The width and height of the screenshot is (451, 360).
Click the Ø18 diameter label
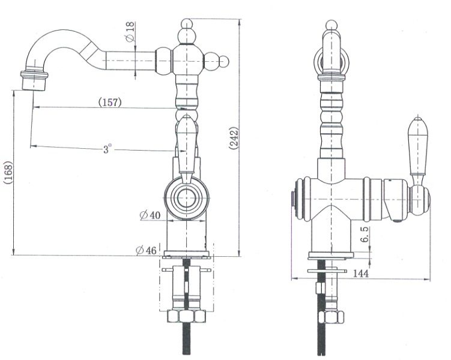(130, 32)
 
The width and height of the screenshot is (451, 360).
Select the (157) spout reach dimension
(110, 102)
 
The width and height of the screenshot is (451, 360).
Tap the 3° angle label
(107, 149)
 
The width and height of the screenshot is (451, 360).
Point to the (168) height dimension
(8, 173)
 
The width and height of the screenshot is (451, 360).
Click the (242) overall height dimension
(234, 138)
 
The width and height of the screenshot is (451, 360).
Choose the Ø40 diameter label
(150, 215)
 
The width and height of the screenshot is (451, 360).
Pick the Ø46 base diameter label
(146, 250)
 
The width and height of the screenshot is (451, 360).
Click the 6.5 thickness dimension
(364, 235)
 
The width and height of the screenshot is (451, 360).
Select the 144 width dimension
(360, 273)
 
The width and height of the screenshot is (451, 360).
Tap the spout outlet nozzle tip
(34, 81)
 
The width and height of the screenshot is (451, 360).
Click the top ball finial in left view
(187, 23)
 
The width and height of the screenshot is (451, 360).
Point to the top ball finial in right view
(331, 25)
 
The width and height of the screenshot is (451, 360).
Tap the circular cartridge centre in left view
(187, 198)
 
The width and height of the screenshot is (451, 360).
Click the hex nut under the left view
(186, 316)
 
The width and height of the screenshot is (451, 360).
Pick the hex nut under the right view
(331, 317)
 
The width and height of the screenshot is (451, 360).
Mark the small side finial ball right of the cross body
(224, 61)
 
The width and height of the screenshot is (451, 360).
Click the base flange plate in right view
(331, 256)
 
